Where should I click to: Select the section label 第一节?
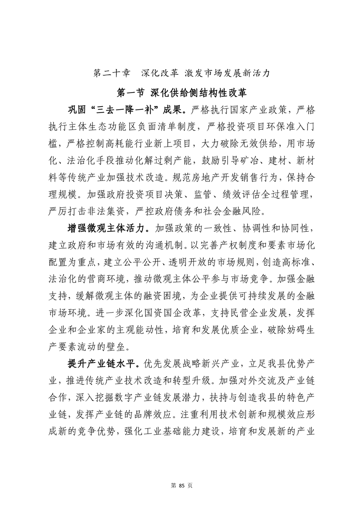[131, 93]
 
